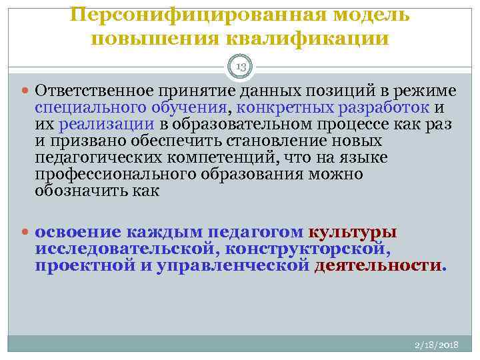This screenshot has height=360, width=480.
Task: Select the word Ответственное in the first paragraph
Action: coord(89,91)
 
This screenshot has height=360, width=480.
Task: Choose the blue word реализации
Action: coord(107,124)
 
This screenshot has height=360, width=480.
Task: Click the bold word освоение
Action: coord(78,232)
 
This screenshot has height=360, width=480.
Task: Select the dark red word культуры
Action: coord(353,232)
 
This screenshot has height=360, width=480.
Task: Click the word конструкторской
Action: coord(307,249)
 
